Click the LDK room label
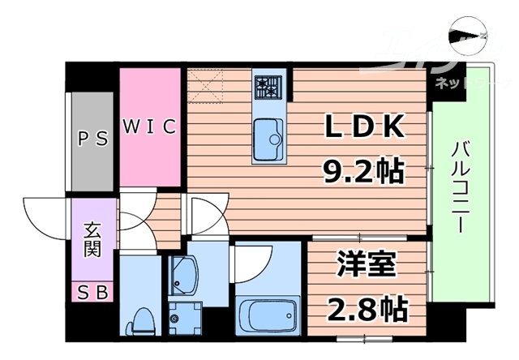click(x=364, y=127)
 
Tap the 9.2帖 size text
click(x=364, y=169)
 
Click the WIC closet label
click(x=150, y=126)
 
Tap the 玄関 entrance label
click(x=91, y=239)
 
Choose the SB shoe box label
click(x=92, y=292)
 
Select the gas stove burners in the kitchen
click(x=268, y=85)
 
